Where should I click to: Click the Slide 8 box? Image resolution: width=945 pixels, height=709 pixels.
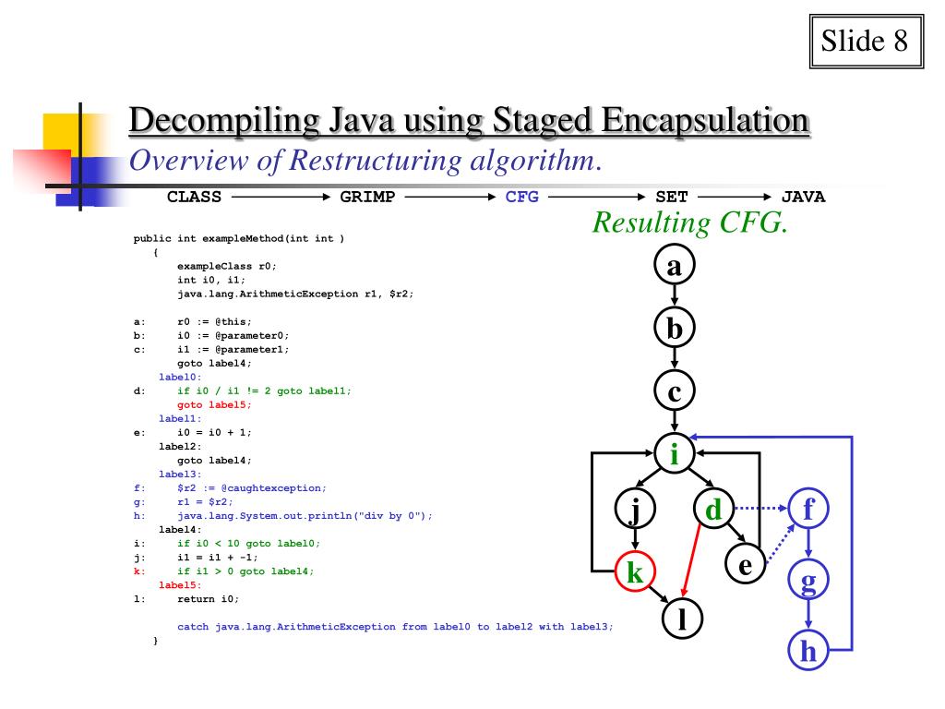(866, 42)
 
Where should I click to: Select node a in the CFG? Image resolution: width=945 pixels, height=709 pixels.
(674, 266)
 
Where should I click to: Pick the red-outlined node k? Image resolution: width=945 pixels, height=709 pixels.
(635, 573)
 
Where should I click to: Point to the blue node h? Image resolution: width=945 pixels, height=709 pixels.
(809, 652)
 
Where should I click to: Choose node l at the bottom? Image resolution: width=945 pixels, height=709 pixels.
(683, 617)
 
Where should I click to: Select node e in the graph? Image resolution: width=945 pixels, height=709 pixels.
(744, 565)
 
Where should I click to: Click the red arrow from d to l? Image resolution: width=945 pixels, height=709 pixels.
(692, 559)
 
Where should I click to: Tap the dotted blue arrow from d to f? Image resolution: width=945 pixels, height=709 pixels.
(760, 507)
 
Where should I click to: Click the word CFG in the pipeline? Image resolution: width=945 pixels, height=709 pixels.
(522, 196)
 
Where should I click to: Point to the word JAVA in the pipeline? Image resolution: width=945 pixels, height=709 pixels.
(803, 196)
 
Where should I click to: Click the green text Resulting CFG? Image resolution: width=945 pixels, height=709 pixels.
(690, 222)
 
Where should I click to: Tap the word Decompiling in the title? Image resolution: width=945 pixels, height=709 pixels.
(208, 121)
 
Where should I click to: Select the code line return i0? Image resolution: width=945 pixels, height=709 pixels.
(209, 598)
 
